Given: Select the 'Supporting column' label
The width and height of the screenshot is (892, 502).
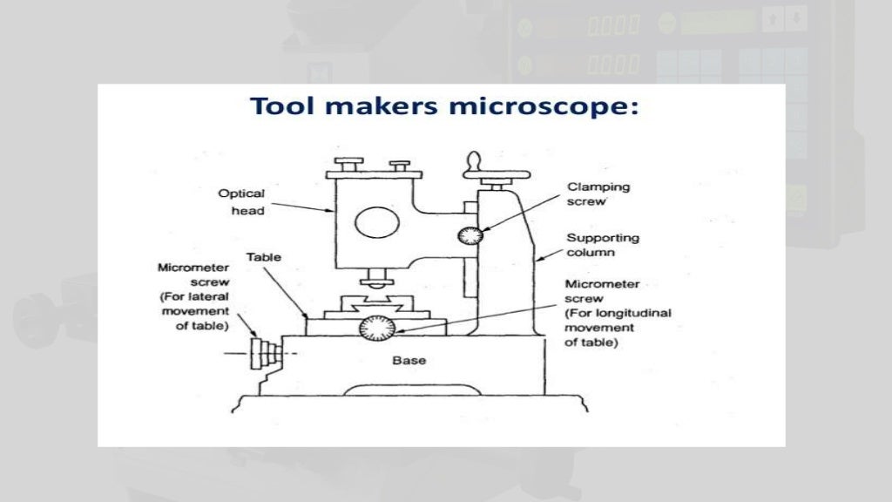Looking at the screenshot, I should [603, 245].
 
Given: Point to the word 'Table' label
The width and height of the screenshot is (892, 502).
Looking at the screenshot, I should [263, 258].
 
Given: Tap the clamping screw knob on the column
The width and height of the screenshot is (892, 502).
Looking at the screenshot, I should [472, 235].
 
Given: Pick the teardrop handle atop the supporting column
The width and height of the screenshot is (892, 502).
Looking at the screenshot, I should [474, 163].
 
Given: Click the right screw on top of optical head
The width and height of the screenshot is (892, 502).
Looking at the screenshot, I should [401, 166].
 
